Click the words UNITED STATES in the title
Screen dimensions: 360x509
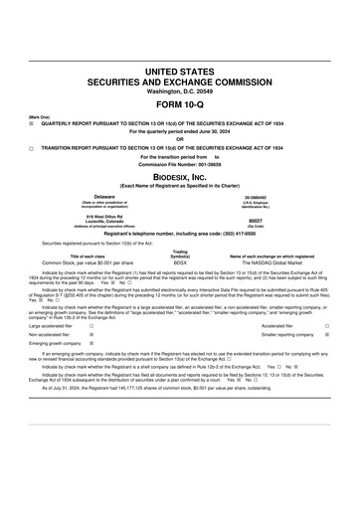(179, 73)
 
